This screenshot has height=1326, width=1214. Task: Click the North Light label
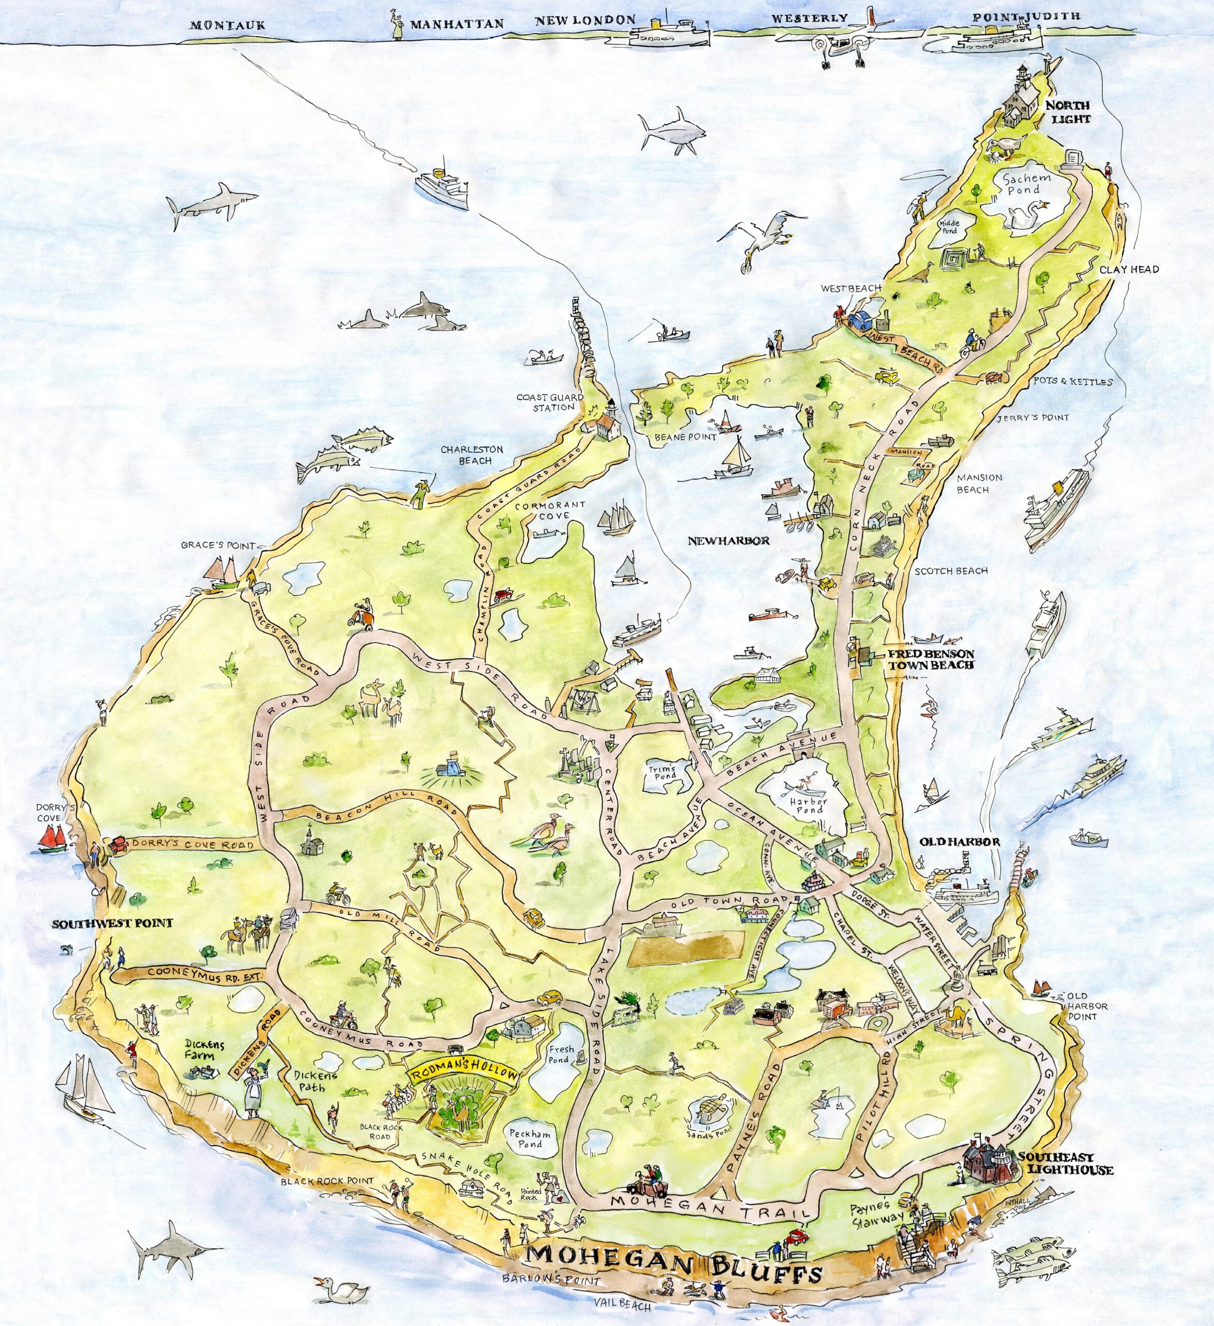1068,112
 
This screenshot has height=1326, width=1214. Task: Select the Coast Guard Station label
545,402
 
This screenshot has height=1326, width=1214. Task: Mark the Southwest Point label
112,924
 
